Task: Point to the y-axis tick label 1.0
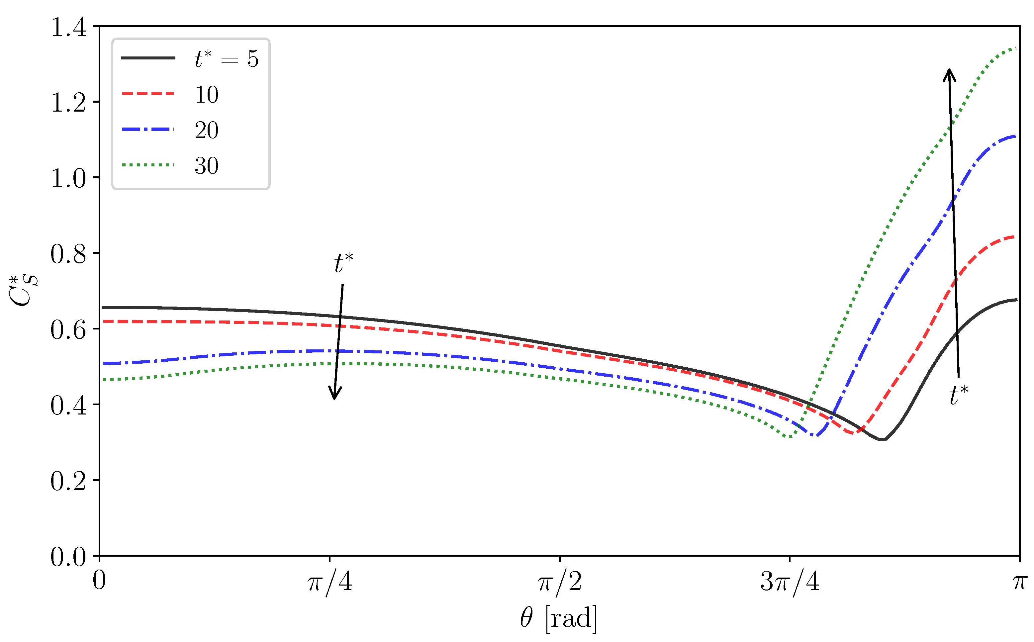tap(68, 178)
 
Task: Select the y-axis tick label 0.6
tap(68, 330)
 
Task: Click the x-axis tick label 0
tap(99, 581)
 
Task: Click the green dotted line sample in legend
tap(148, 165)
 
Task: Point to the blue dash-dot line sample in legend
tap(148, 129)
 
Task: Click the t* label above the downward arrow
tap(343, 263)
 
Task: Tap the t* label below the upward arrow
tap(958, 395)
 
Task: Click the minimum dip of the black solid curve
tap(882, 439)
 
